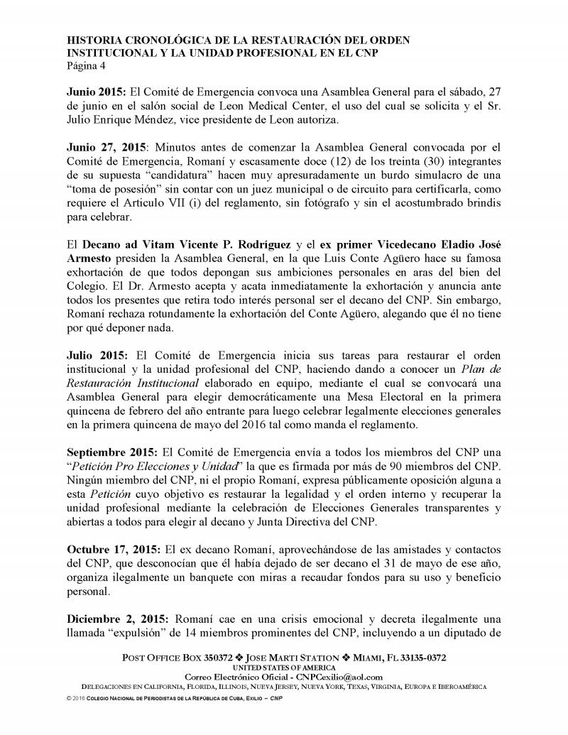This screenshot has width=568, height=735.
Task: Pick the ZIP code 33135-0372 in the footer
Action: click(419, 658)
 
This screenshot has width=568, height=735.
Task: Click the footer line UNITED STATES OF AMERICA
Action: click(283, 668)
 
